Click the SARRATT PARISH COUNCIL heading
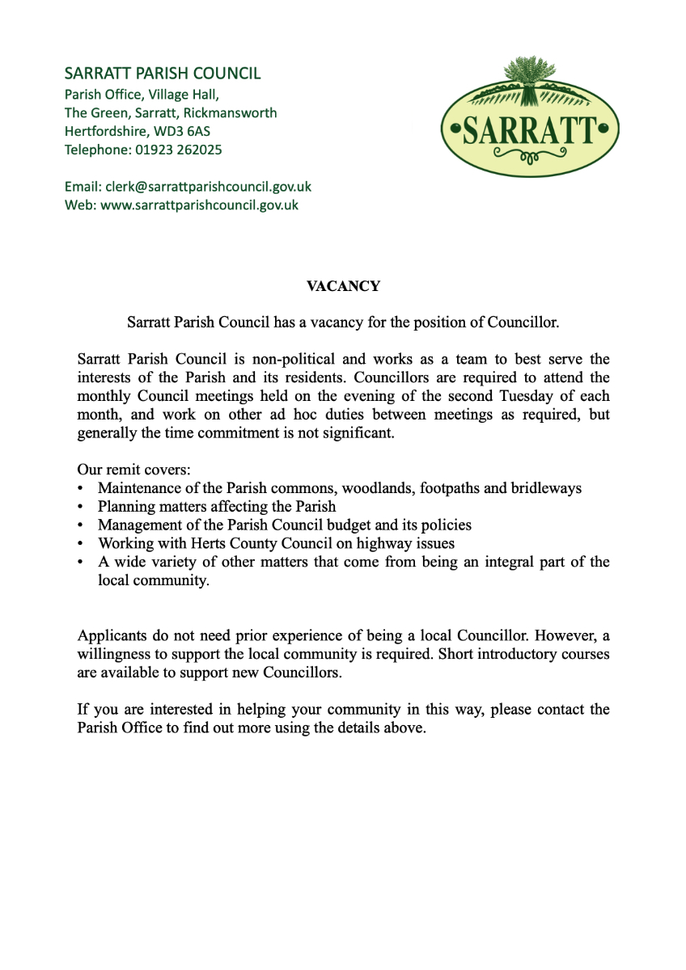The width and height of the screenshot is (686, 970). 163,74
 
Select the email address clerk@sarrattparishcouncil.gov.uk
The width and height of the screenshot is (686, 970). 208,187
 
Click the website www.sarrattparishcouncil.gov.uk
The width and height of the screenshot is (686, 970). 199,205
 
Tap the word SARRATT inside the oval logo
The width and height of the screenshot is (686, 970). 530,129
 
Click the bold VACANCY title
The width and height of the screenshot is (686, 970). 343,286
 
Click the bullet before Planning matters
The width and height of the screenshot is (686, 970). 80,507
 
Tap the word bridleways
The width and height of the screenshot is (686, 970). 546,488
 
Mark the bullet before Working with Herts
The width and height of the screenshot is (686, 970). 80,544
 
